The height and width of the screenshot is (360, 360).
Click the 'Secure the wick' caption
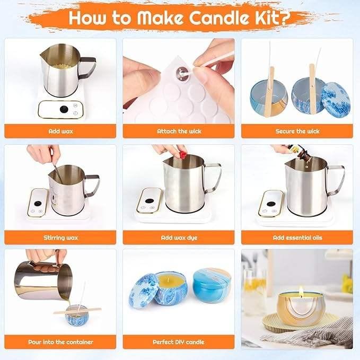[297, 131]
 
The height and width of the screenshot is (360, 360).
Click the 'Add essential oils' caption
[297, 238]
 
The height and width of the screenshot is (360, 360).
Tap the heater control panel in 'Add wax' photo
[60, 109]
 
